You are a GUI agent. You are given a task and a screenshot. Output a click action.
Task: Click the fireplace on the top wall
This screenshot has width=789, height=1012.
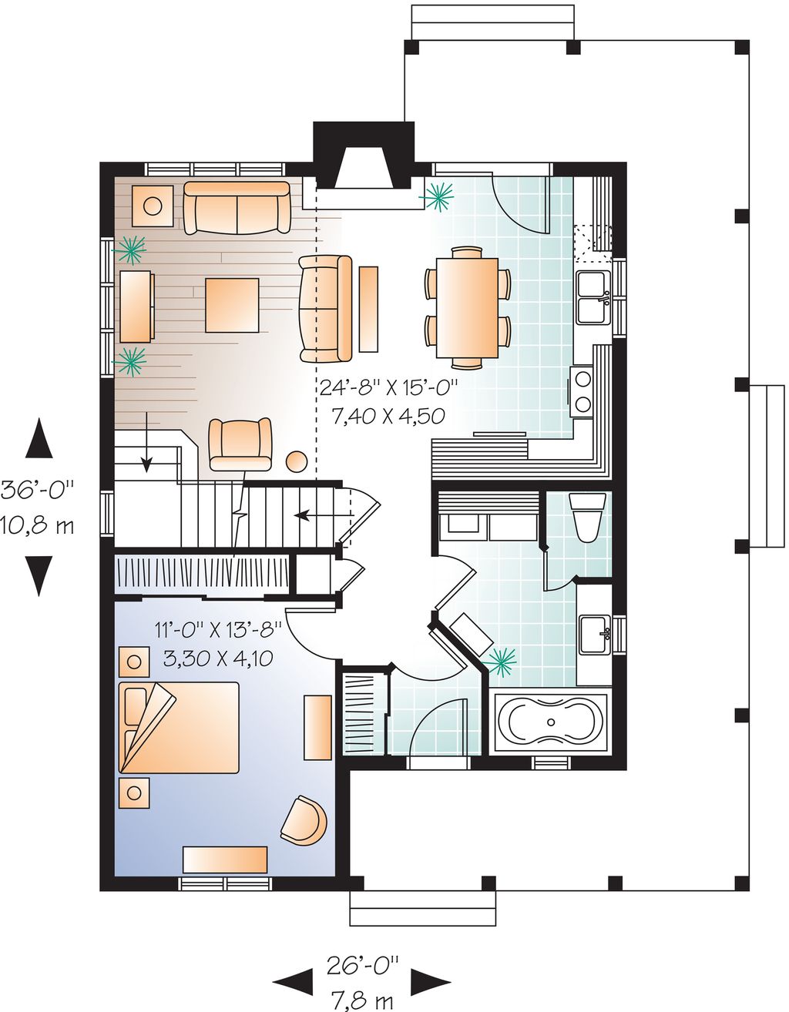pos(363,156)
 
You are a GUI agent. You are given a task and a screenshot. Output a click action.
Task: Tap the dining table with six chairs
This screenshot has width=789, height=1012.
pos(468,308)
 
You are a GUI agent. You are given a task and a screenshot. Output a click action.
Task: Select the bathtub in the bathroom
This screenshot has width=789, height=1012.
pos(551,722)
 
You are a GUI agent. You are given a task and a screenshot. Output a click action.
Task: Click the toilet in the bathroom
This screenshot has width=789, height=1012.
pos(587,517)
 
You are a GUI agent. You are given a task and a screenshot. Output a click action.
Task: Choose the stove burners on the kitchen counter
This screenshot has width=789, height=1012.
pos(583,390)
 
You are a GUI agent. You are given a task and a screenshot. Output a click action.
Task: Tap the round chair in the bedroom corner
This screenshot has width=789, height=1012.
pos(304,820)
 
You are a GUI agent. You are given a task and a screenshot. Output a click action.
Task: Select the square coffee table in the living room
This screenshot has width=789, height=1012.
pos(232,305)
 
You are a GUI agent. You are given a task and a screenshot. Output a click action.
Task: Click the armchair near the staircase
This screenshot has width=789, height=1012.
pos(240,444)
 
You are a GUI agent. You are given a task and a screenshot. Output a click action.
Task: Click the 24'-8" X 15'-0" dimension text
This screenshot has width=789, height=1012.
pos(389,387)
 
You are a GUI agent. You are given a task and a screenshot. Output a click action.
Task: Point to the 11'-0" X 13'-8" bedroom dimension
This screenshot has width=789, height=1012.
pos(219,631)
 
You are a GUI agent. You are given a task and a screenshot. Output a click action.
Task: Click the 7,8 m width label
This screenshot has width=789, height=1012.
pos(361,999)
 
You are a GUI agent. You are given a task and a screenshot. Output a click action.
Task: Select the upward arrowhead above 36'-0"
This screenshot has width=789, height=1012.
pos(39,437)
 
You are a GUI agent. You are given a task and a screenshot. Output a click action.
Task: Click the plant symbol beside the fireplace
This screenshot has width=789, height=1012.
pos(437,196)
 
